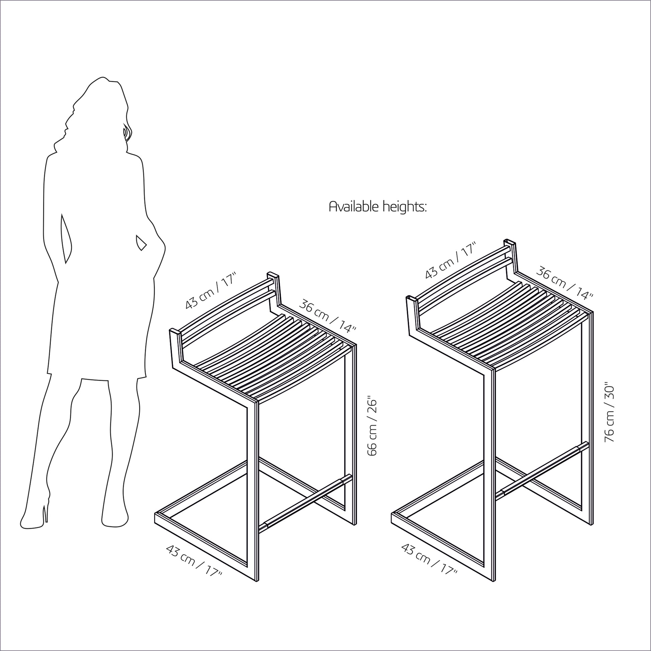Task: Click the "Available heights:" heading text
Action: coord(377,206)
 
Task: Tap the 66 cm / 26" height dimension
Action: coord(372,428)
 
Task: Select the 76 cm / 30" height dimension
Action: coord(609,412)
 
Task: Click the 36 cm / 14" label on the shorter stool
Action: coord(327,315)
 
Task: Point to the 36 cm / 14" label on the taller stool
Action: coord(564,282)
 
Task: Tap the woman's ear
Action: coord(126,132)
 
